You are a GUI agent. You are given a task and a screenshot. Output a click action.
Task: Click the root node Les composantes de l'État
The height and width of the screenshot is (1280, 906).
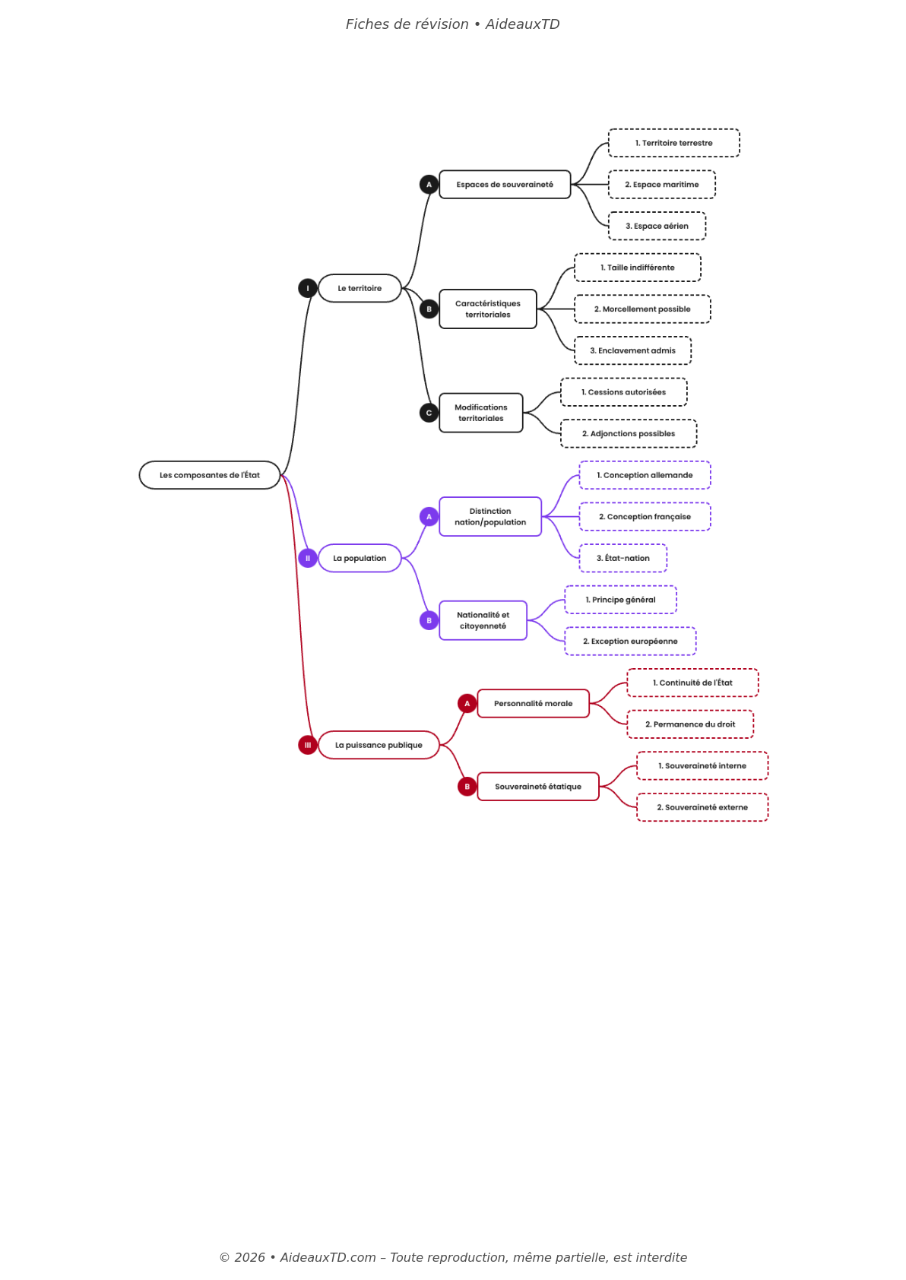[210, 475]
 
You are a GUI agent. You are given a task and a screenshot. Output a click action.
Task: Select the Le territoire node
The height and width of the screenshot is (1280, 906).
[360, 288]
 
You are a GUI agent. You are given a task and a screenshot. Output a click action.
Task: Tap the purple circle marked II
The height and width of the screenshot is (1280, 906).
[308, 558]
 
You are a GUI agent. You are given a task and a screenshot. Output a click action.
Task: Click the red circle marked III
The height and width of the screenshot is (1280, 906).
[308, 745]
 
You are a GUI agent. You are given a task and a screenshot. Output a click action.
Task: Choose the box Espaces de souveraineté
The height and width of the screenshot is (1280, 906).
[505, 185]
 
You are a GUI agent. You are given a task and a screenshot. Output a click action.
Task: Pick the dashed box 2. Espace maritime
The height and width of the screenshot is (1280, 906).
[661, 185]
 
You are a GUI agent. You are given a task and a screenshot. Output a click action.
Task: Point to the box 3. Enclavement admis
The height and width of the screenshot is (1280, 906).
[632, 350]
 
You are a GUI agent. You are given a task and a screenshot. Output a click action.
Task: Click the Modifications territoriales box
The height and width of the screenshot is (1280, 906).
[481, 413]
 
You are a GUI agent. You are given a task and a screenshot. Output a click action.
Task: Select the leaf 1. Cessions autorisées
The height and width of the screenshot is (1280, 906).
[623, 392]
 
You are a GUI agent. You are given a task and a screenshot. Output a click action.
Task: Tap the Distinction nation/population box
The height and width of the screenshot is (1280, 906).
[490, 517]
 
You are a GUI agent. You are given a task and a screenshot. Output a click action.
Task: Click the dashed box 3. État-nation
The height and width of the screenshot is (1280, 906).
[622, 558]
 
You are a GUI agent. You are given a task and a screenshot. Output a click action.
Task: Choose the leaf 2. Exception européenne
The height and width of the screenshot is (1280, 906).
[630, 642]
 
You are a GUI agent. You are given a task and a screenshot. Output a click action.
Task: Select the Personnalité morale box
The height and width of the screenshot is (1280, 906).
[533, 704]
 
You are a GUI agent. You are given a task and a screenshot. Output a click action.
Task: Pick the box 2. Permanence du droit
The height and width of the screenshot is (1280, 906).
[690, 724]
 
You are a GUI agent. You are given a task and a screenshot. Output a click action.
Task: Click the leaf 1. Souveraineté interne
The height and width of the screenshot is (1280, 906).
[702, 766]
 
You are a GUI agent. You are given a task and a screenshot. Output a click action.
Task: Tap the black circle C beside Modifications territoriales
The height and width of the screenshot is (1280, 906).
[429, 413]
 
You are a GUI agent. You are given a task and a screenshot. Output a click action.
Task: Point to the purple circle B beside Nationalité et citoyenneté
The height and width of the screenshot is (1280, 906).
[429, 620]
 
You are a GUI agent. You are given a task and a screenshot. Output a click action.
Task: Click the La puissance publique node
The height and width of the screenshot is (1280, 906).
[379, 745]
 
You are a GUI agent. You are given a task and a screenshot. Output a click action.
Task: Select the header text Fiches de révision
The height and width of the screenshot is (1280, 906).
[407, 24]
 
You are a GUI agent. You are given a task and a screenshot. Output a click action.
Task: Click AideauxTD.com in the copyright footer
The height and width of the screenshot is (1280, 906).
[328, 1257]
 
